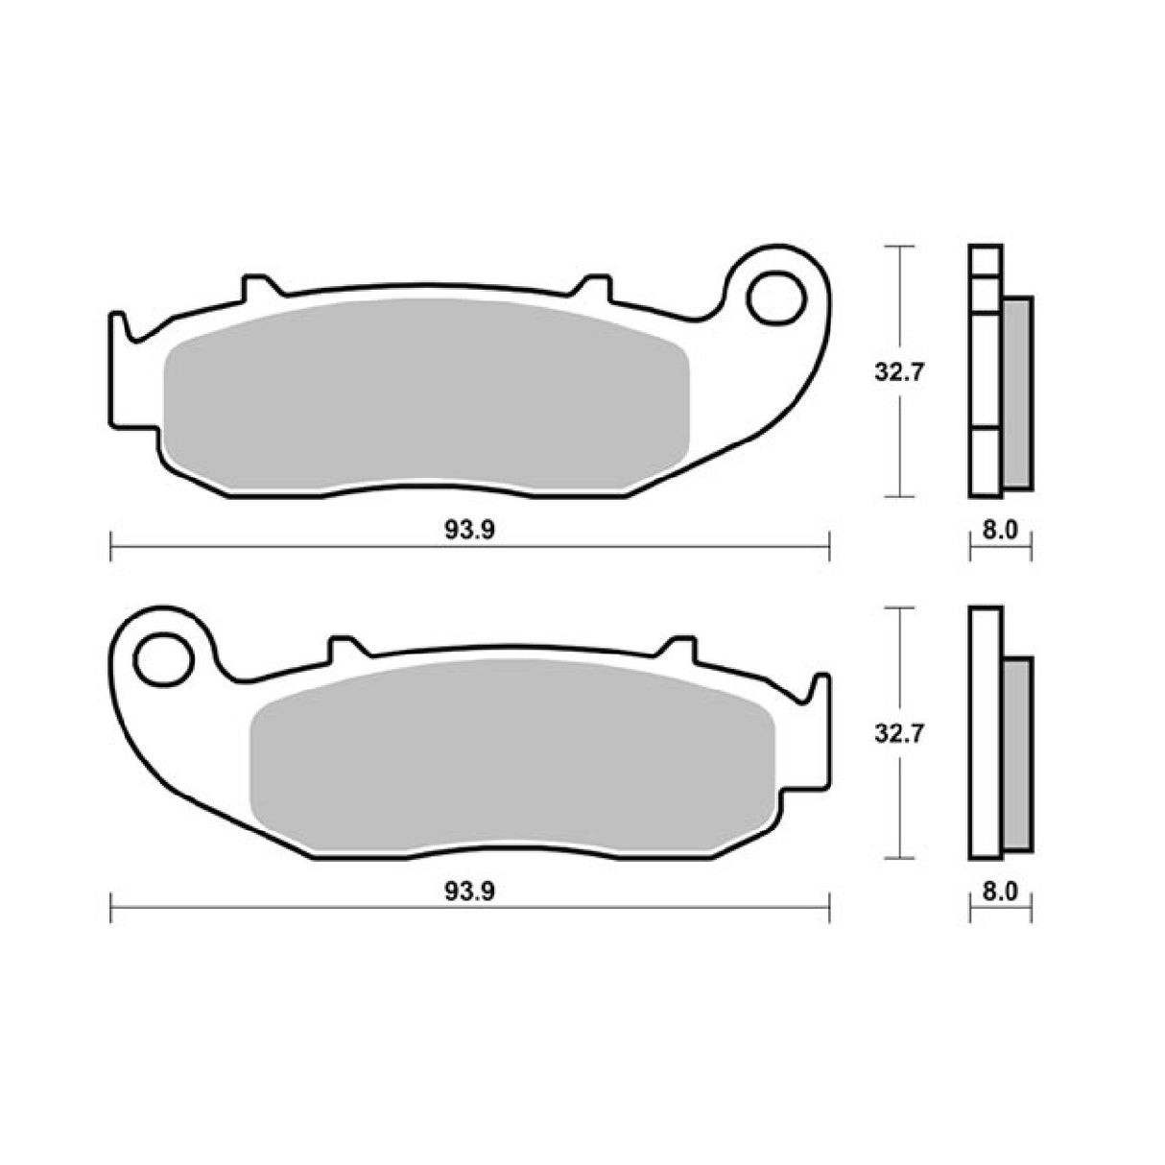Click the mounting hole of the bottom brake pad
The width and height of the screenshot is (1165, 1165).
pyautogui.click(x=163, y=659)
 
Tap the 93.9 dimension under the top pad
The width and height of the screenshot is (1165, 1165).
pyautogui.click(x=469, y=532)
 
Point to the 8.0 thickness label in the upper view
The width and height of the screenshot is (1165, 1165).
pyautogui.click(x=999, y=532)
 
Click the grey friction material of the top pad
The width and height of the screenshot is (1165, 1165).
pyautogui.click(x=427, y=398)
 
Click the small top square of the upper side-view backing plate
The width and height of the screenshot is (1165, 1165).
pyautogui.click(x=986, y=261)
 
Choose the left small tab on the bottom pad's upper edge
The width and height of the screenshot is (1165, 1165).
pyautogui.click(x=343, y=648)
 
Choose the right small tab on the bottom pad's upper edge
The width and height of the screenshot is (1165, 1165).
pyautogui.click(x=680, y=648)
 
